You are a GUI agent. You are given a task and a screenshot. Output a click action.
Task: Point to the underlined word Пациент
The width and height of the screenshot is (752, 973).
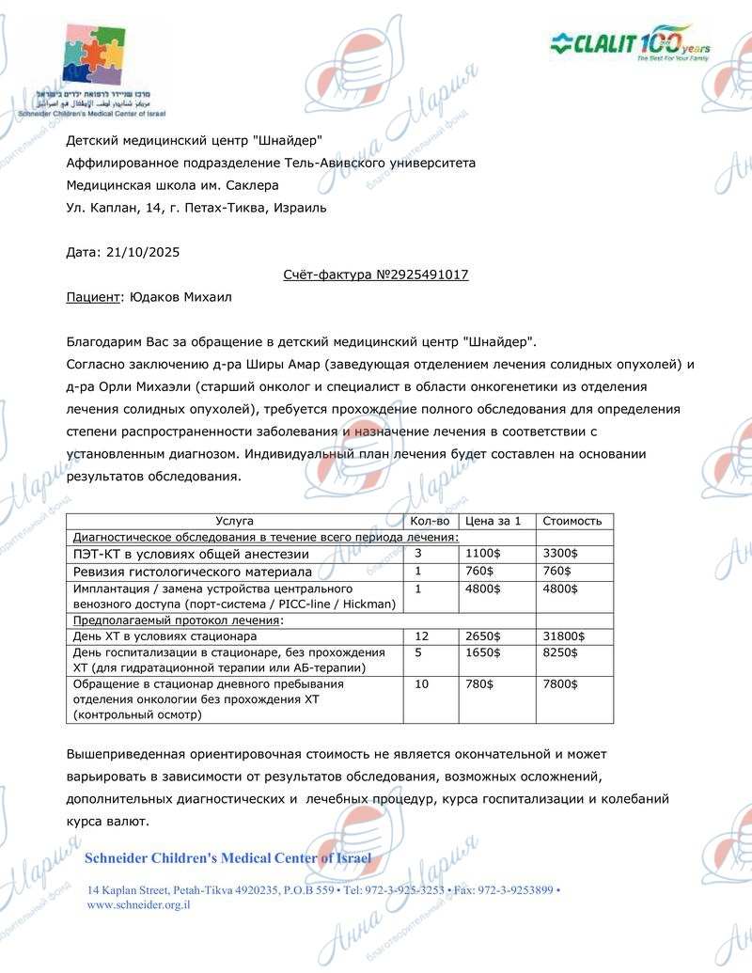[x=92, y=297]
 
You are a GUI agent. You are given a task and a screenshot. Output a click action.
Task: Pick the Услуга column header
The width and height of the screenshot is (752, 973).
[x=234, y=521]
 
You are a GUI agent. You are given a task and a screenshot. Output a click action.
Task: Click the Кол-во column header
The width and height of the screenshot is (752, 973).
[x=431, y=521]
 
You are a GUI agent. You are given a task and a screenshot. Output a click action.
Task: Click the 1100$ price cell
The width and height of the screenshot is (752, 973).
[x=481, y=554]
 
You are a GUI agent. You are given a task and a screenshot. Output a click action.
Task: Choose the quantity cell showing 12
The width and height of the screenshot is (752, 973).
[x=421, y=636]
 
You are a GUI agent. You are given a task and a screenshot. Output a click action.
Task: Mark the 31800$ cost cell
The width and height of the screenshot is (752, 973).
[x=564, y=636]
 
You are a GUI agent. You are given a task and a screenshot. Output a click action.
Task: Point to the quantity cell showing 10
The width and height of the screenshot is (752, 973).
[x=421, y=684]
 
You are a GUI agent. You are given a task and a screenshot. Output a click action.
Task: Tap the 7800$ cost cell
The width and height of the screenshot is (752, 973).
[x=560, y=684]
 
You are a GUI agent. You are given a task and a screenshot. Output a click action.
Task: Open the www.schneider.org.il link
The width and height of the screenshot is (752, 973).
[x=138, y=904]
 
